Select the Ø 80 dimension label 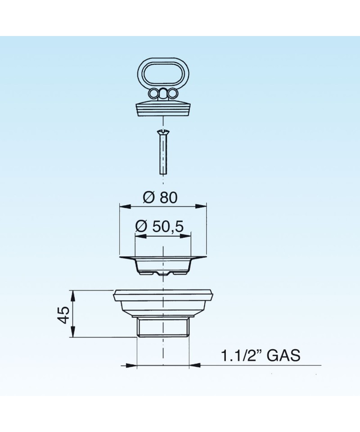click(160, 197)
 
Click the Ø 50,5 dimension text click(159, 227)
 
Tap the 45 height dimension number click(64, 315)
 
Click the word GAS click(283, 355)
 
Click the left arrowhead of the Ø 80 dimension click(125, 207)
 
